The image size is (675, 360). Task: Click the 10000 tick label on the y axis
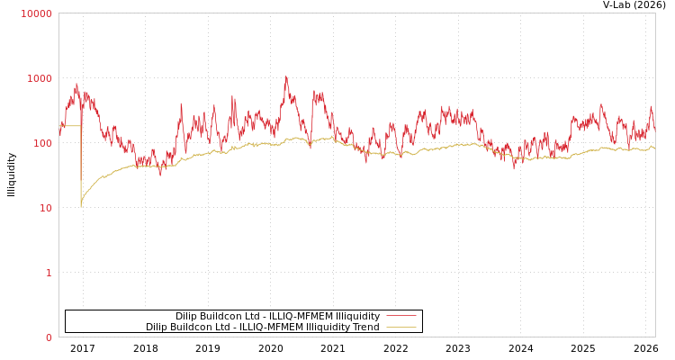tap(37, 13)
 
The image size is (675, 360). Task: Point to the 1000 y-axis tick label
tap(40, 78)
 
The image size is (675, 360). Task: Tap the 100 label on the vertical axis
tap(42, 143)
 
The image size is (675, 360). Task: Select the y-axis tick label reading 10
tap(45, 208)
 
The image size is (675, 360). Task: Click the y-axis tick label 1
tap(49, 273)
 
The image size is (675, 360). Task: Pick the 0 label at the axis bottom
tap(49, 337)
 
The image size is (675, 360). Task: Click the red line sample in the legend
tap(400, 316)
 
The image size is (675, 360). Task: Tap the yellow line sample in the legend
tap(400, 328)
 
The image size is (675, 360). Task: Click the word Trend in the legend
tap(365, 328)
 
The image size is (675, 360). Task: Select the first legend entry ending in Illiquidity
tap(277, 316)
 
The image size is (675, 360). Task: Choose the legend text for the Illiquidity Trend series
tap(263, 328)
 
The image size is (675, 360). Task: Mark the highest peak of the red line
tap(287, 77)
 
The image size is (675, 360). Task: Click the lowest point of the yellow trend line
tap(81, 206)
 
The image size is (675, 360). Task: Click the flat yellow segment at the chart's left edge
tap(70, 126)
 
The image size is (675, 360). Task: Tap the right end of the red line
tap(654, 129)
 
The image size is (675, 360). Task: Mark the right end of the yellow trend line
tap(654, 147)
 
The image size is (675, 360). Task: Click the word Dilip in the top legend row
tap(187, 316)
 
